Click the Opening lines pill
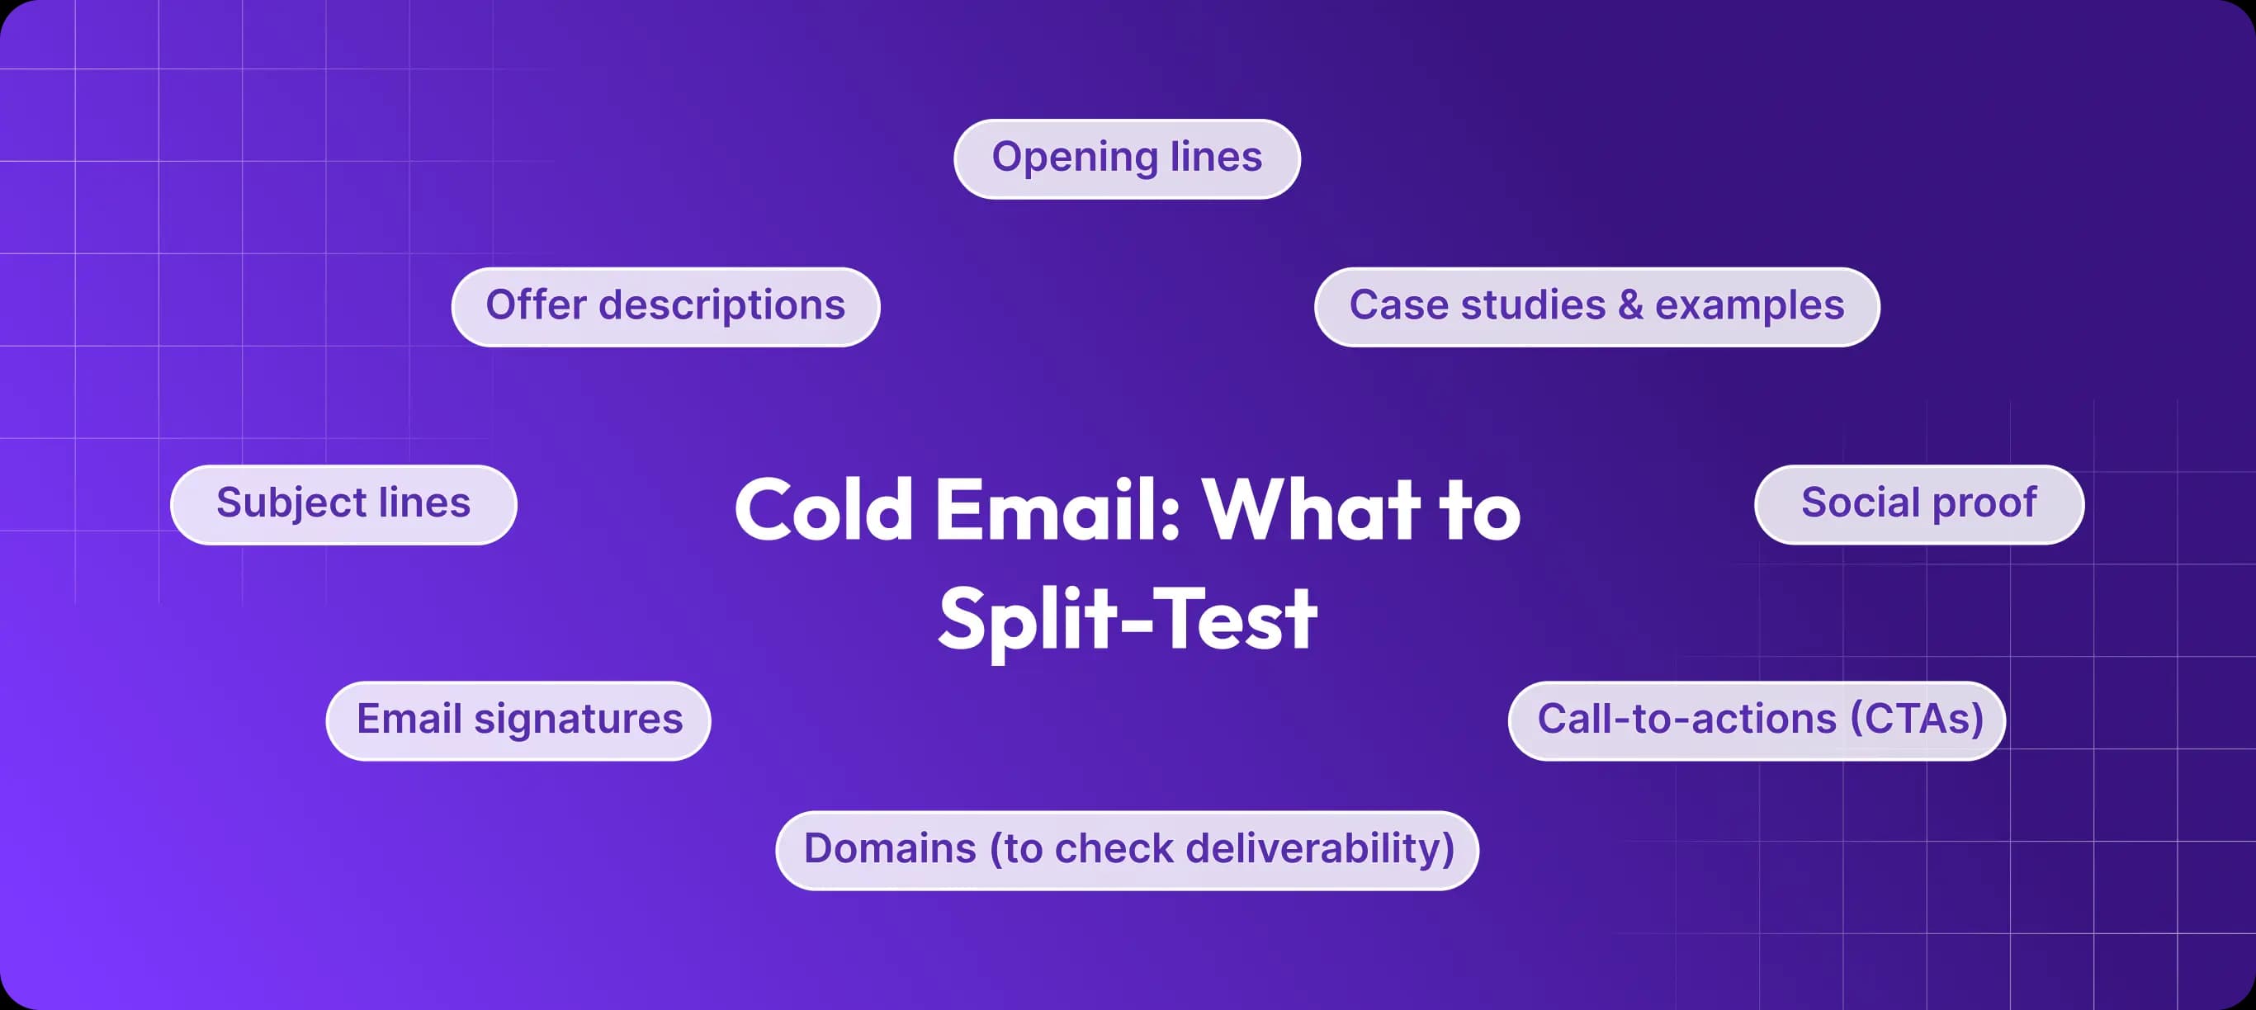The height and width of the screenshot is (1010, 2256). [x=1126, y=158]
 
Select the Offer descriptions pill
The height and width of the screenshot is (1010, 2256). [x=665, y=306]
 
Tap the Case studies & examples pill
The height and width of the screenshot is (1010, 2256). [x=1596, y=306]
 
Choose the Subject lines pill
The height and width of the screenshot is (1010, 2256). [x=343, y=504]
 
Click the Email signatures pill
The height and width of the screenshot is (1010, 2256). [x=518, y=720]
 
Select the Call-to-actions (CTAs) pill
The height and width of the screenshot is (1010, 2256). [x=1756, y=720]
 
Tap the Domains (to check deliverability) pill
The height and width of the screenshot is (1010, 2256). [x=1126, y=850]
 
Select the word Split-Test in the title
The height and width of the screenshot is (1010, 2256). [x=1126, y=620]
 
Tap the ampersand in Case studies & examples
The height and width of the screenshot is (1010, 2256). [x=1629, y=305]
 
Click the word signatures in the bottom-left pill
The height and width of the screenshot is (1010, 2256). [x=578, y=720]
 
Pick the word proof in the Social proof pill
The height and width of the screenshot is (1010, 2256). [x=1984, y=504]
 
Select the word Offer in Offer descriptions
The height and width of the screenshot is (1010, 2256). [x=536, y=305]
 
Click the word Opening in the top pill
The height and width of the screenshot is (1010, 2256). [x=1075, y=158]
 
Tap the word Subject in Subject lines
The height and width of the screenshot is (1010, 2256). [x=291, y=504]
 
